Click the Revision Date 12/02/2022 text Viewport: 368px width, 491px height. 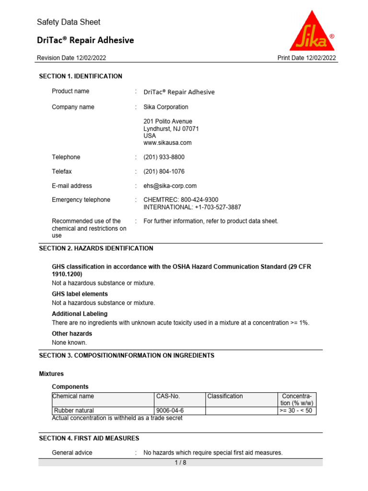click(71, 58)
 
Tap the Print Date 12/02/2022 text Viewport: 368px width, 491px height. click(307, 58)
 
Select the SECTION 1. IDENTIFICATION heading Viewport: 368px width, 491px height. click(80, 76)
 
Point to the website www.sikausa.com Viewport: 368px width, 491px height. click(167, 143)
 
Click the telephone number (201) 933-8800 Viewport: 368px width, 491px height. click(164, 157)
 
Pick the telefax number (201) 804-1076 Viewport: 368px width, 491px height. click(164, 172)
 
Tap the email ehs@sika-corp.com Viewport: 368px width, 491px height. click(170, 186)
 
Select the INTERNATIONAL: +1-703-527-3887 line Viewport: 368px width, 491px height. click(192, 207)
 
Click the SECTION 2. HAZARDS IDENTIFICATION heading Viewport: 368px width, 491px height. click(96, 248)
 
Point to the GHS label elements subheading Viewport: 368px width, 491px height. click(80, 294)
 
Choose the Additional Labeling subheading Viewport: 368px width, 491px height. click(80, 314)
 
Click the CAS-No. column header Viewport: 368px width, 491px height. click(168, 397)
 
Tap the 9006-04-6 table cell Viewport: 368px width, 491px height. click(170, 410)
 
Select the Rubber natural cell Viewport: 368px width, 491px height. click(74, 410)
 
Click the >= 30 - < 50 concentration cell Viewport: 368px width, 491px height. click(296, 410)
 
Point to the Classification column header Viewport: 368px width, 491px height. click(225, 397)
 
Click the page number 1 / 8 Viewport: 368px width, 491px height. click(180, 463)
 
